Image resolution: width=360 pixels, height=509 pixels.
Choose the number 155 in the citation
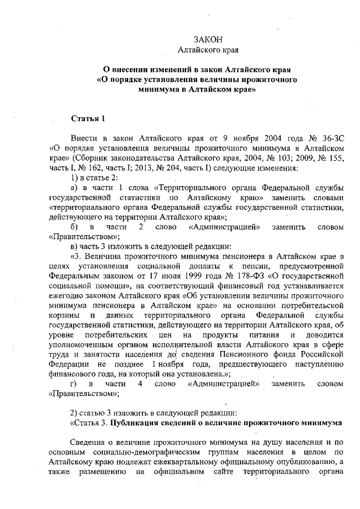334,159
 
